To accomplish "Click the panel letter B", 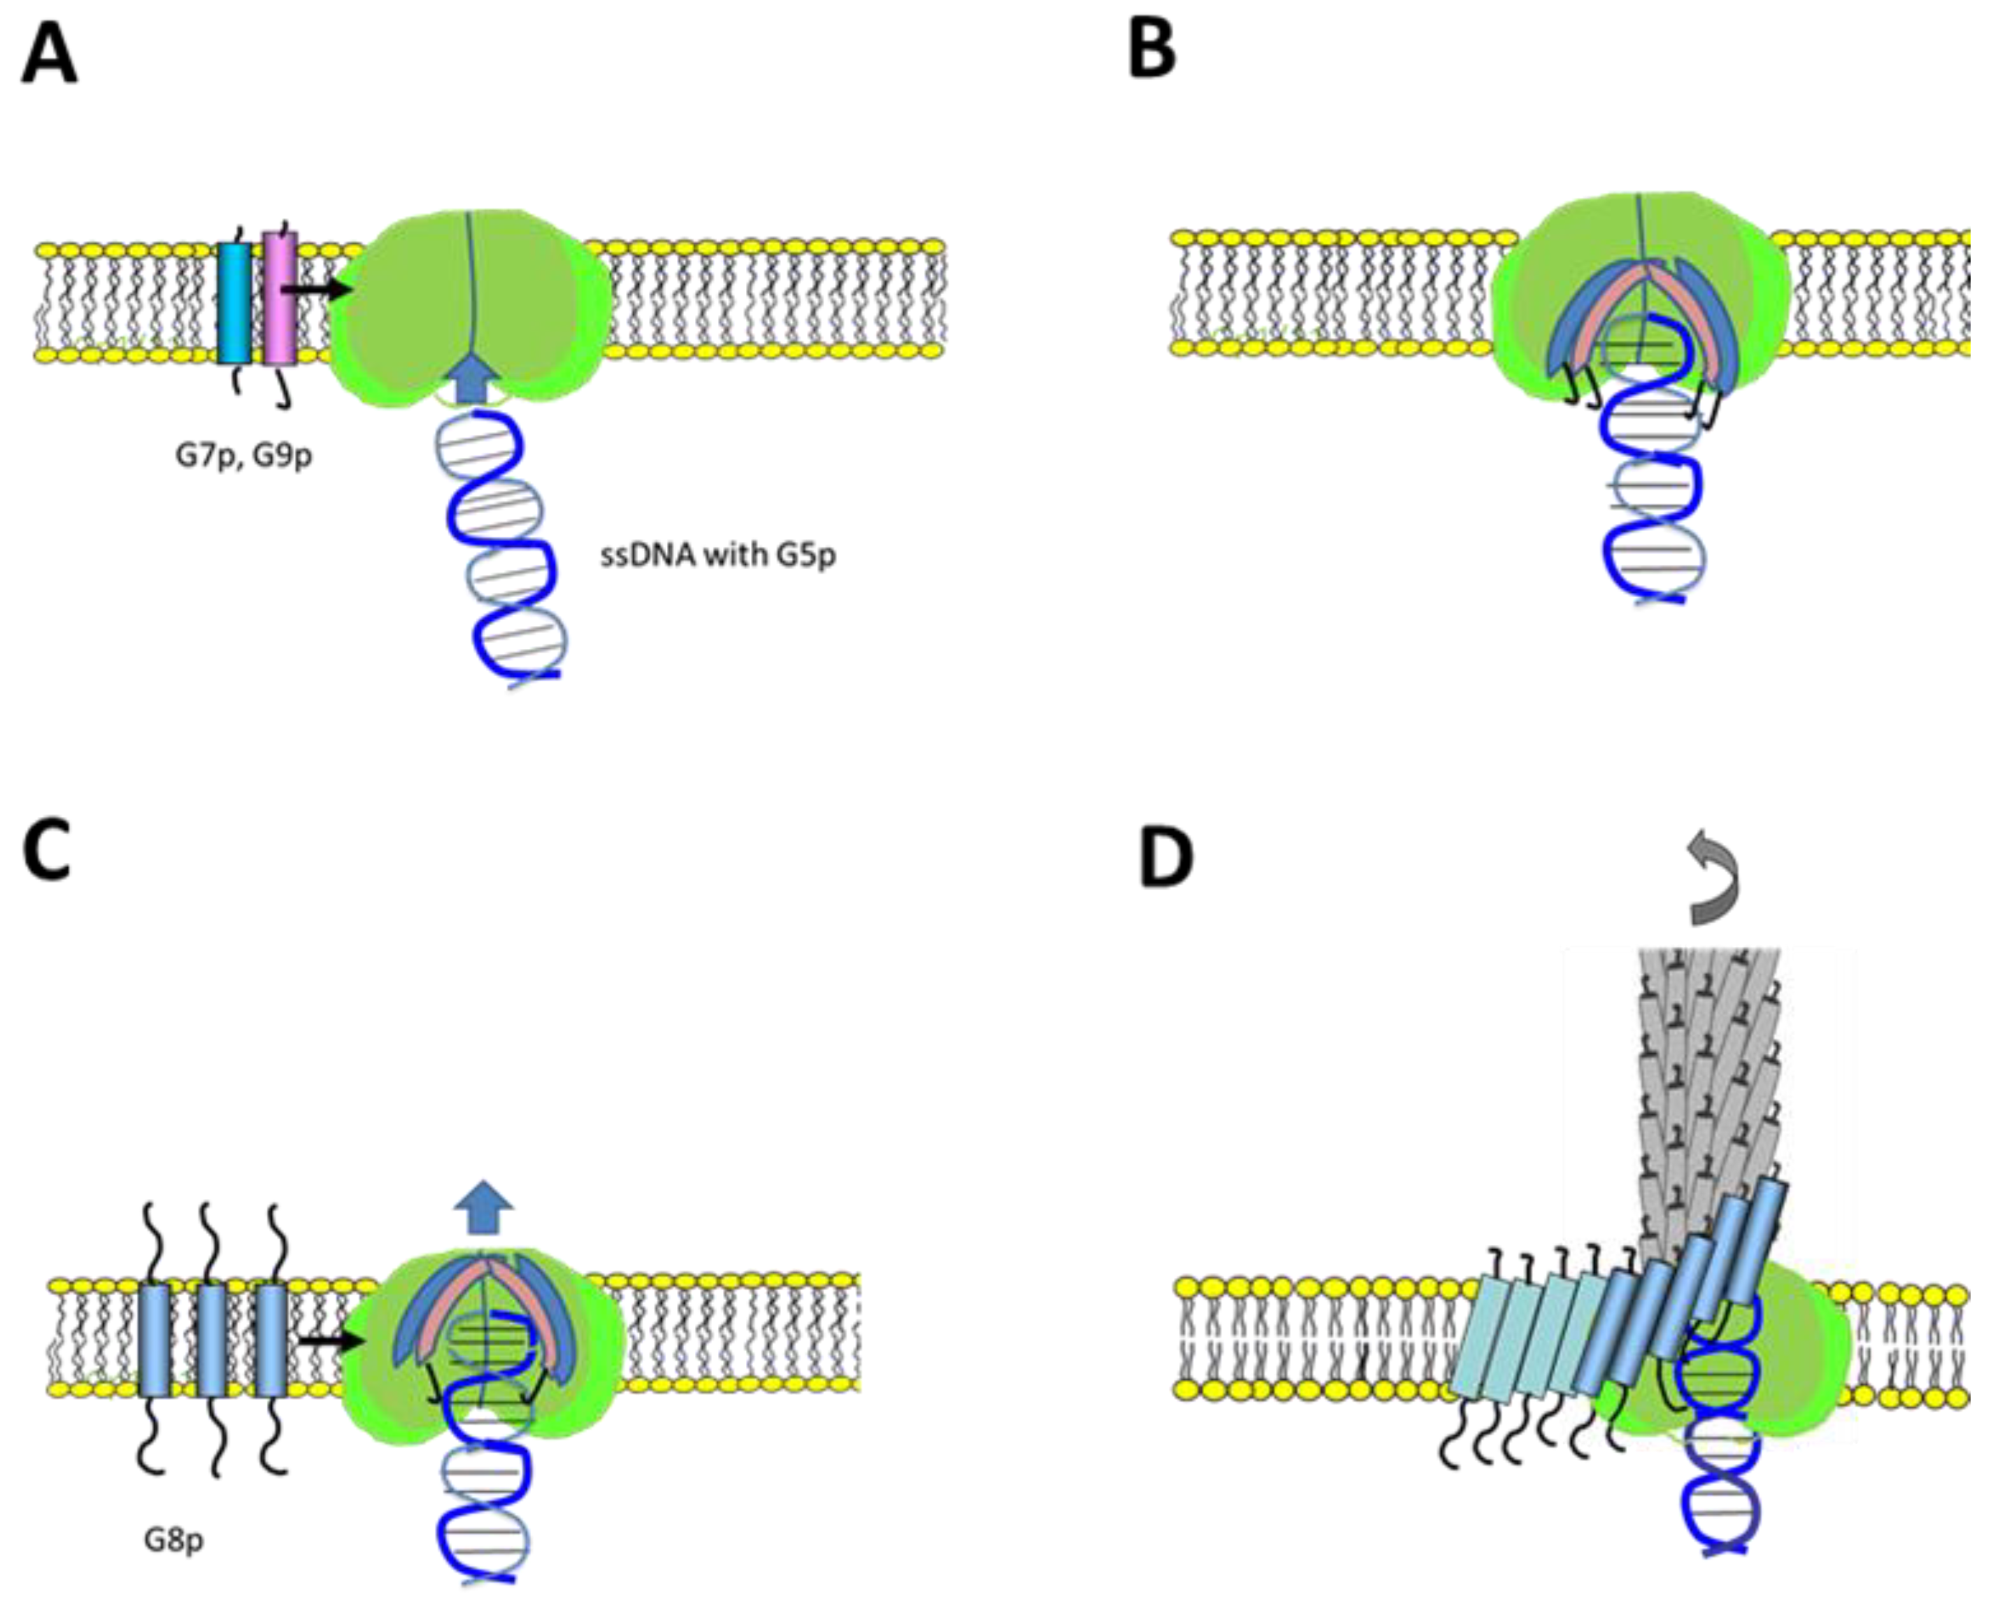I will (1152, 51).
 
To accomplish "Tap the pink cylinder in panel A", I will (280, 297).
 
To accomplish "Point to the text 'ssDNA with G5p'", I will (718, 556).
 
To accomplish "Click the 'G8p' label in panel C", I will (174, 1540).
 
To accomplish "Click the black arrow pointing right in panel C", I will (332, 1340).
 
